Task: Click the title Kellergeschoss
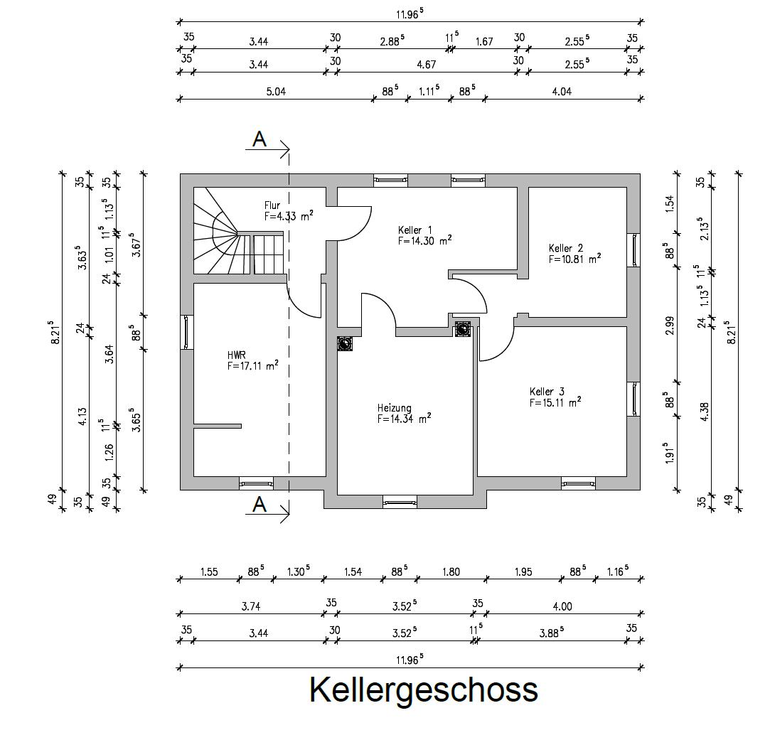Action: pos(424,690)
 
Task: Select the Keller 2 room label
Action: pos(566,248)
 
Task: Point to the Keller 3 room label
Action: pos(547,392)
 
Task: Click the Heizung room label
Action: pos(394,408)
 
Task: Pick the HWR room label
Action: pos(237,354)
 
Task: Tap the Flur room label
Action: pos(272,206)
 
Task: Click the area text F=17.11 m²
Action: pos(253,366)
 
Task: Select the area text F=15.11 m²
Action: pos(555,402)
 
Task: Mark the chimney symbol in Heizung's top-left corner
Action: pos(346,343)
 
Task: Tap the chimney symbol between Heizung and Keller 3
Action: pos(463,328)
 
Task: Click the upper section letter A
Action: pos(260,139)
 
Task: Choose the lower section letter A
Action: pos(260,505)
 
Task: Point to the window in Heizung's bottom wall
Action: pos(400,502)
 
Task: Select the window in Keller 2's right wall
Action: pos(633,250)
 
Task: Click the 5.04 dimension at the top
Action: pos(274,90)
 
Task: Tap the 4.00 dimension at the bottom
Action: pos(562,606)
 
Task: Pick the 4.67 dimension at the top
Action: pos(426,64)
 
